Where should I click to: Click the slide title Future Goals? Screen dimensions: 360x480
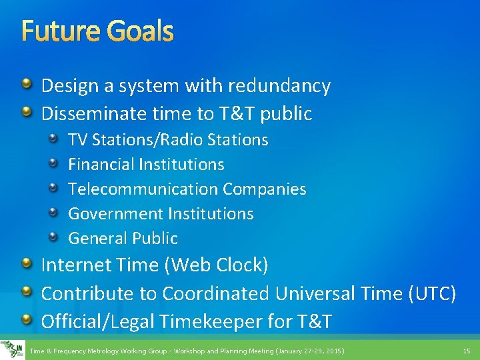click(97, 31)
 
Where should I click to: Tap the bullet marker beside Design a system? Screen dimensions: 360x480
click(26, 85)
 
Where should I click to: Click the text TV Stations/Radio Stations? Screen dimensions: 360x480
click(168, 140)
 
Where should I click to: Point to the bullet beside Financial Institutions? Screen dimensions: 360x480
click(57, 163)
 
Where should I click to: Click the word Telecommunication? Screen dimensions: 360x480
click(143, 189)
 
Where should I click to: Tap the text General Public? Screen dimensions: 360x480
click(123, 239)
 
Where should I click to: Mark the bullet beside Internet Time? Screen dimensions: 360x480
click(26, 265)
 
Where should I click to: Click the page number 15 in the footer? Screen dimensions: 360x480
click(466, 351)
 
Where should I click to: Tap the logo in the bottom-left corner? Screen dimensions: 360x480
click(12, 349)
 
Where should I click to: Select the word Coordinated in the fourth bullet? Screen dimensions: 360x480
click(215, 293)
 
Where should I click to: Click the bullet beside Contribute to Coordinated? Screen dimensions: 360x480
click(26, 293)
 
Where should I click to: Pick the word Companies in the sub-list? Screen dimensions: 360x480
click(265, 189)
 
